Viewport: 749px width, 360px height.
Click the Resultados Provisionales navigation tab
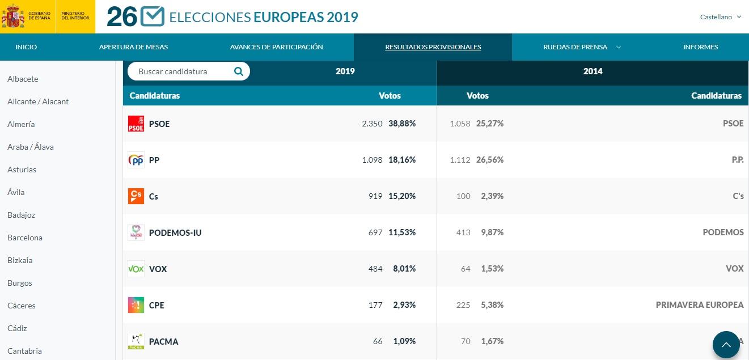433,47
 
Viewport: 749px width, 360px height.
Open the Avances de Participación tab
276,47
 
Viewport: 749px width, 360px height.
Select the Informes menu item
700,47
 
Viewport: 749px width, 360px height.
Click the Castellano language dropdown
720,17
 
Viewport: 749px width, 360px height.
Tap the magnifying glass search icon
239,71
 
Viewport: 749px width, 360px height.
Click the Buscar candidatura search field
181,71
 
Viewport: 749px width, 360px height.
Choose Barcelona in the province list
25,238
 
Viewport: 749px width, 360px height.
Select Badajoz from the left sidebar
22,215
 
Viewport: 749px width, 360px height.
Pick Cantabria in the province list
24,351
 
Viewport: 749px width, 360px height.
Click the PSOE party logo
136,124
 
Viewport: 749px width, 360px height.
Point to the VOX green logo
136,269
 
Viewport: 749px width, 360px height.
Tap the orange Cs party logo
136,196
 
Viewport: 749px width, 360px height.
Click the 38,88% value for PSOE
402,124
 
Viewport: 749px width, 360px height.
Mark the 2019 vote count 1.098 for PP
372,160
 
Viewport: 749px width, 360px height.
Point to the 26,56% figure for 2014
490,160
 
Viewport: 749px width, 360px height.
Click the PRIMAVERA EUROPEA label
699,305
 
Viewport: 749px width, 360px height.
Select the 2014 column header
593,71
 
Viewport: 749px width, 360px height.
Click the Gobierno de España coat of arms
12,17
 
